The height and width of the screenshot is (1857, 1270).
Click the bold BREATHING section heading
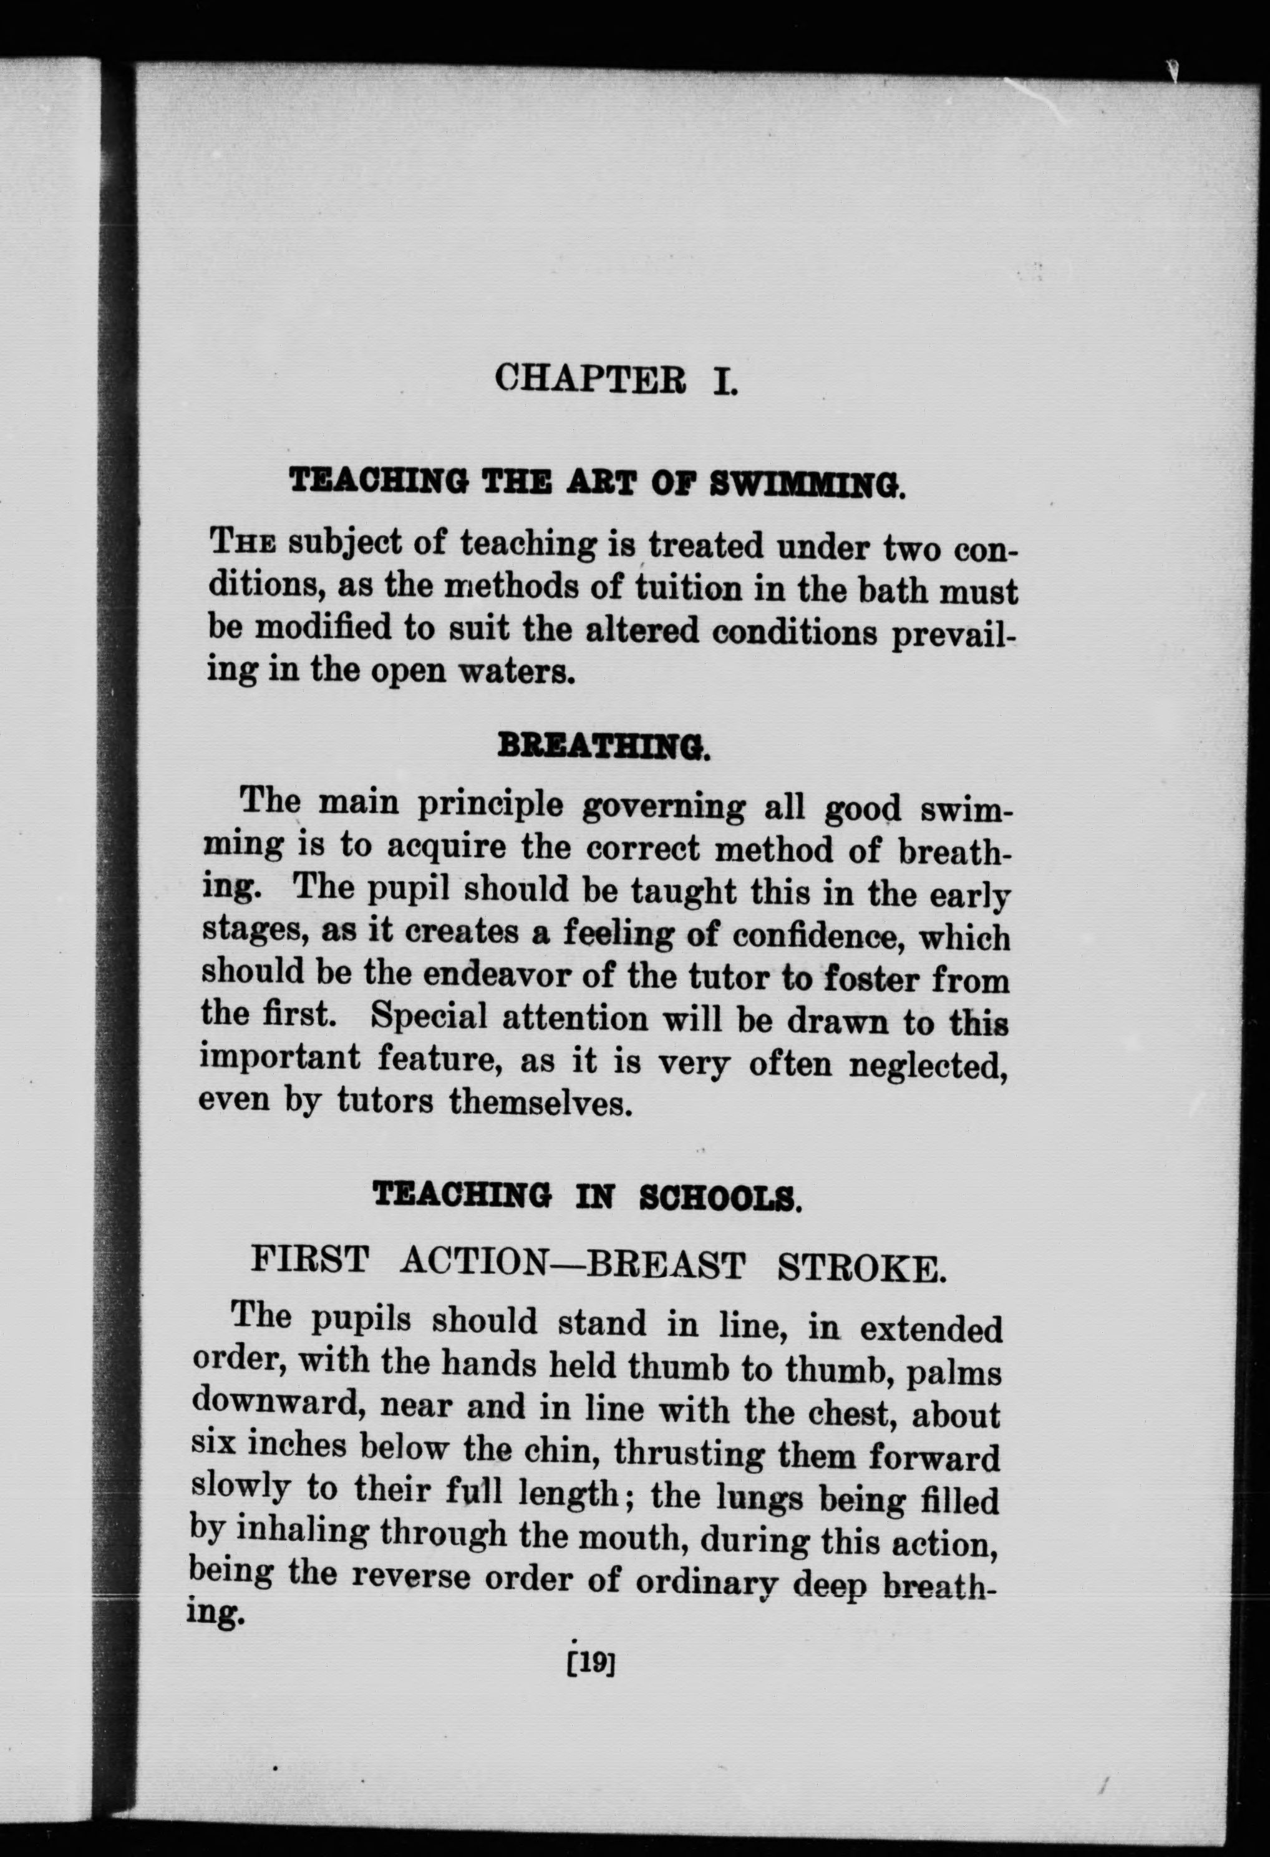[x=603, y=747]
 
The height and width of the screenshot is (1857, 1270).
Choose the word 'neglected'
[x=926, y=1065]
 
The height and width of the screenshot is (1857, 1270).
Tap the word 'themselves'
[x=541, y=1103]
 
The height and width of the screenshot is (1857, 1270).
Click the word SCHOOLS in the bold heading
[x=720, y=1196]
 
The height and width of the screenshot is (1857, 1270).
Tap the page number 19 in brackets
[x=589, y=1664]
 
